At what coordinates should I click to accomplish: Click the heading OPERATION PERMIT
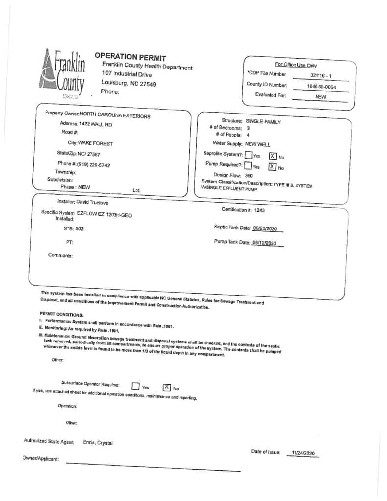(130, 57)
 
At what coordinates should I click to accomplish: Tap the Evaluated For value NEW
(321, 97)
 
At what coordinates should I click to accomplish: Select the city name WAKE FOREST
(96, 144)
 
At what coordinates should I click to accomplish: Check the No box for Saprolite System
(273, 156)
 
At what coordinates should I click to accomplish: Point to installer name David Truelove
(91, 202)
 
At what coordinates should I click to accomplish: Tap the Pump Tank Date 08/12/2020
(265, 243)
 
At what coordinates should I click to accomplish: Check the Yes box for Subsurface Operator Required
(136, 387)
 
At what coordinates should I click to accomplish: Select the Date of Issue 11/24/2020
(303, 453)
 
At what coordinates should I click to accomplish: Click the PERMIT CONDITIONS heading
(61, 314)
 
